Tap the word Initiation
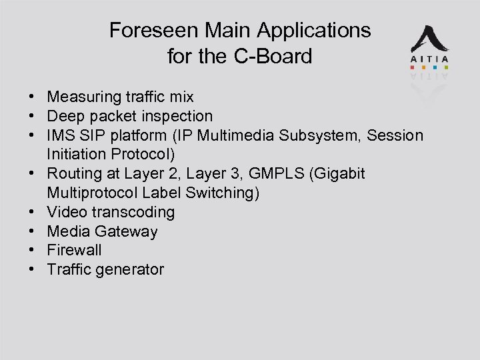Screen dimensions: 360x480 73,155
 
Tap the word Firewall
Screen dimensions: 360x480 74,250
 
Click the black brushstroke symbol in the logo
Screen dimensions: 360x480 429,40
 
